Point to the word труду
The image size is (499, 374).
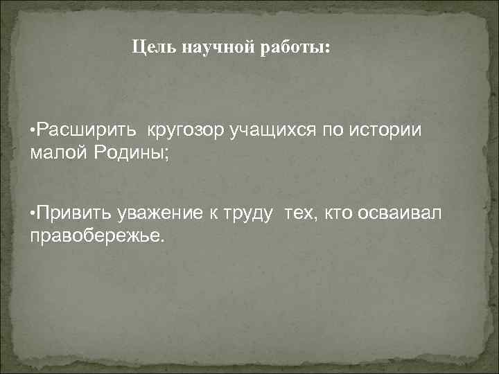[x=252, y=215]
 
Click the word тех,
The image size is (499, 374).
[x=299, y=215]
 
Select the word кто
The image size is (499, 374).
[x=337, y=215]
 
